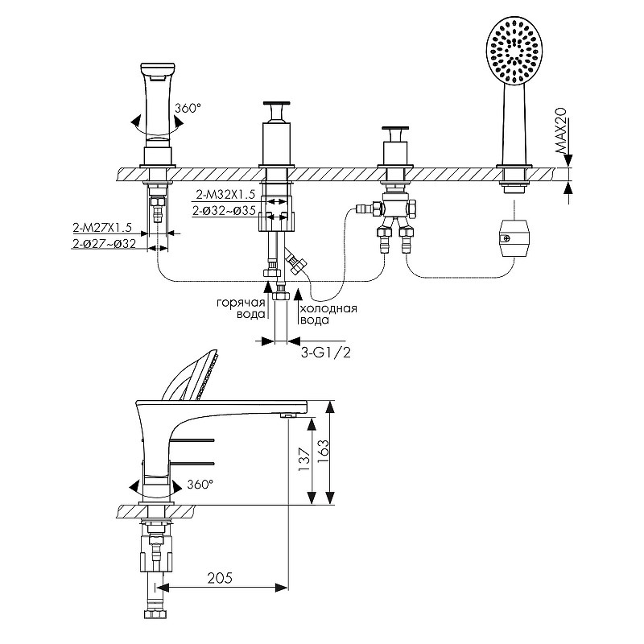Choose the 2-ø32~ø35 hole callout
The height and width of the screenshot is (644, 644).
point(226,211)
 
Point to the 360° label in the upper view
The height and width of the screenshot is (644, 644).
point(187,107)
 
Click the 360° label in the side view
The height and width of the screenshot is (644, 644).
point(200,485)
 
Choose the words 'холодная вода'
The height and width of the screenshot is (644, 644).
point(328,314)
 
